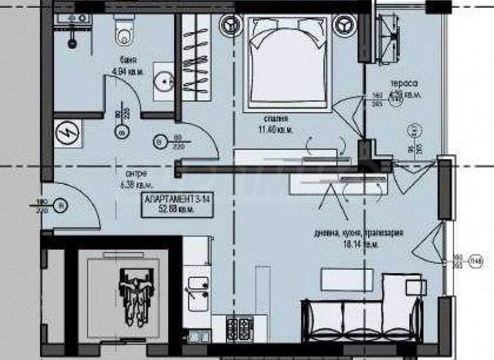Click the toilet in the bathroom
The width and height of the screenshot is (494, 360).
pos(123,32)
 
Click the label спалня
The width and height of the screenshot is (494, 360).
pos(275,119)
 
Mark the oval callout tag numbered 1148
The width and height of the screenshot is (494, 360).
pos(477,260)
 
